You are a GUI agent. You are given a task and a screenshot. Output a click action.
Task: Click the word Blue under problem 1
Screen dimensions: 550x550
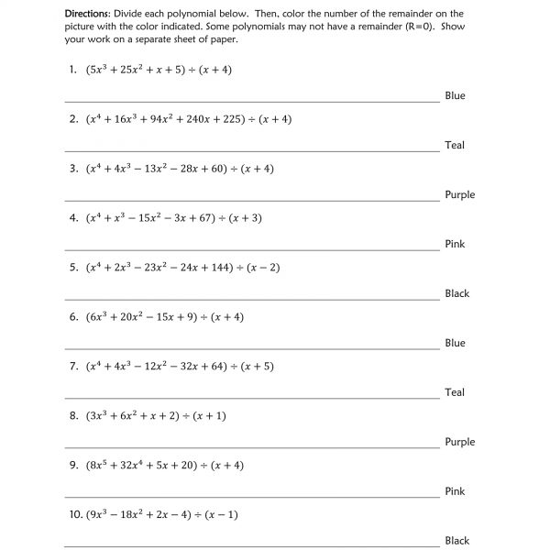tap(455, 95)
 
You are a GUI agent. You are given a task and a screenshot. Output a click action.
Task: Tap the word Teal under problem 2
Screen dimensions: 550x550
tap(455, 145)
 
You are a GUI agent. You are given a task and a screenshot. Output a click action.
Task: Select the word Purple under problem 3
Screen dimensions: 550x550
tap(459, 194)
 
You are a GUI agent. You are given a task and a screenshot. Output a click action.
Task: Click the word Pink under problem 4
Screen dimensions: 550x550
tap(455, 244)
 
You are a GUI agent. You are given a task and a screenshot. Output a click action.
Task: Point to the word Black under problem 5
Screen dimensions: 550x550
tap(456, 293)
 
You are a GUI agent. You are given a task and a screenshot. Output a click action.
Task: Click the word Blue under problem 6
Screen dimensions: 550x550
tap(455, 343)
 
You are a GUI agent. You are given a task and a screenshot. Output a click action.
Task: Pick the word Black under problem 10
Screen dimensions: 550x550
tap(456, 541)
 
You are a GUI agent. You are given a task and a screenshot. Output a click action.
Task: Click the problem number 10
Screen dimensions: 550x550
tap(74, 515)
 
